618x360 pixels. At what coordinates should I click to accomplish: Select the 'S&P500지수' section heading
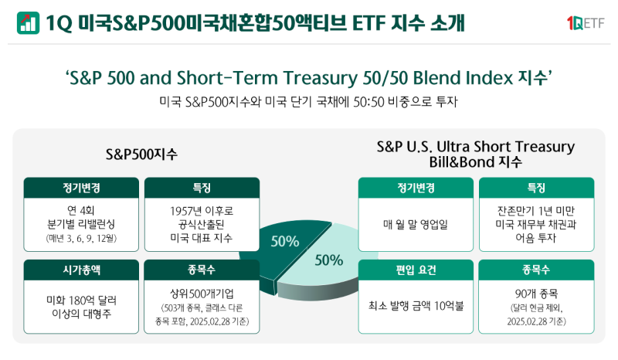tap(142, 154)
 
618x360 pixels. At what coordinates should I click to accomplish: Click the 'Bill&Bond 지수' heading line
tap(475, 162)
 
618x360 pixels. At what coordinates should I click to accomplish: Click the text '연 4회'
tap(82, 210)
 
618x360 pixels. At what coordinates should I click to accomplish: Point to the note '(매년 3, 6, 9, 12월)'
tap(82, 239)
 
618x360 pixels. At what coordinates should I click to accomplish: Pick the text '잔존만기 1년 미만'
tap(536, 210)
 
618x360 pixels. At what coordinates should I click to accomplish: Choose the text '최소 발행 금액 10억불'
tap(416, 305)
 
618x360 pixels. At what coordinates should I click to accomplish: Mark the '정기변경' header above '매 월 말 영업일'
tap(416, 188)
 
